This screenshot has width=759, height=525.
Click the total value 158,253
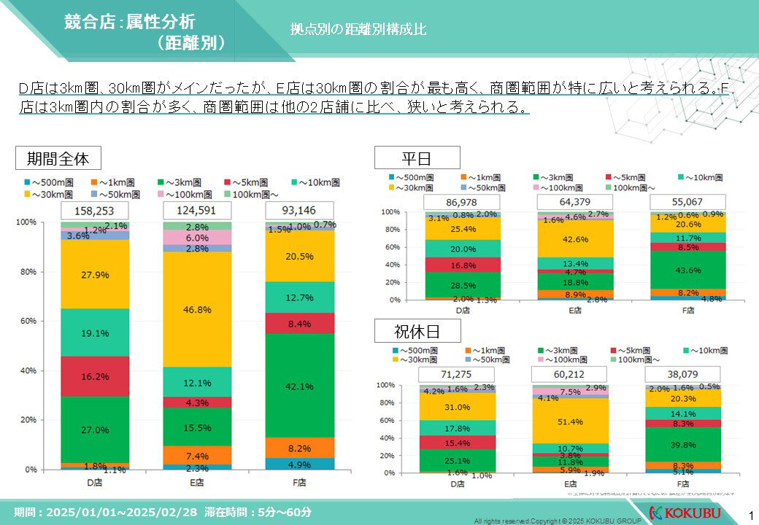coord(90,211)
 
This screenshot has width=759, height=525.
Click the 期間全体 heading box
coord(58,158)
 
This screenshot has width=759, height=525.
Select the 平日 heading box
coord(417,157)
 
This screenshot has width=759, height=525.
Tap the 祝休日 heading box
coord(417,332)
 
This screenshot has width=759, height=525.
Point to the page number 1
coord(751,516)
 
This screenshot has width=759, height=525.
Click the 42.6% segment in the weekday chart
coord(574,239)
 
